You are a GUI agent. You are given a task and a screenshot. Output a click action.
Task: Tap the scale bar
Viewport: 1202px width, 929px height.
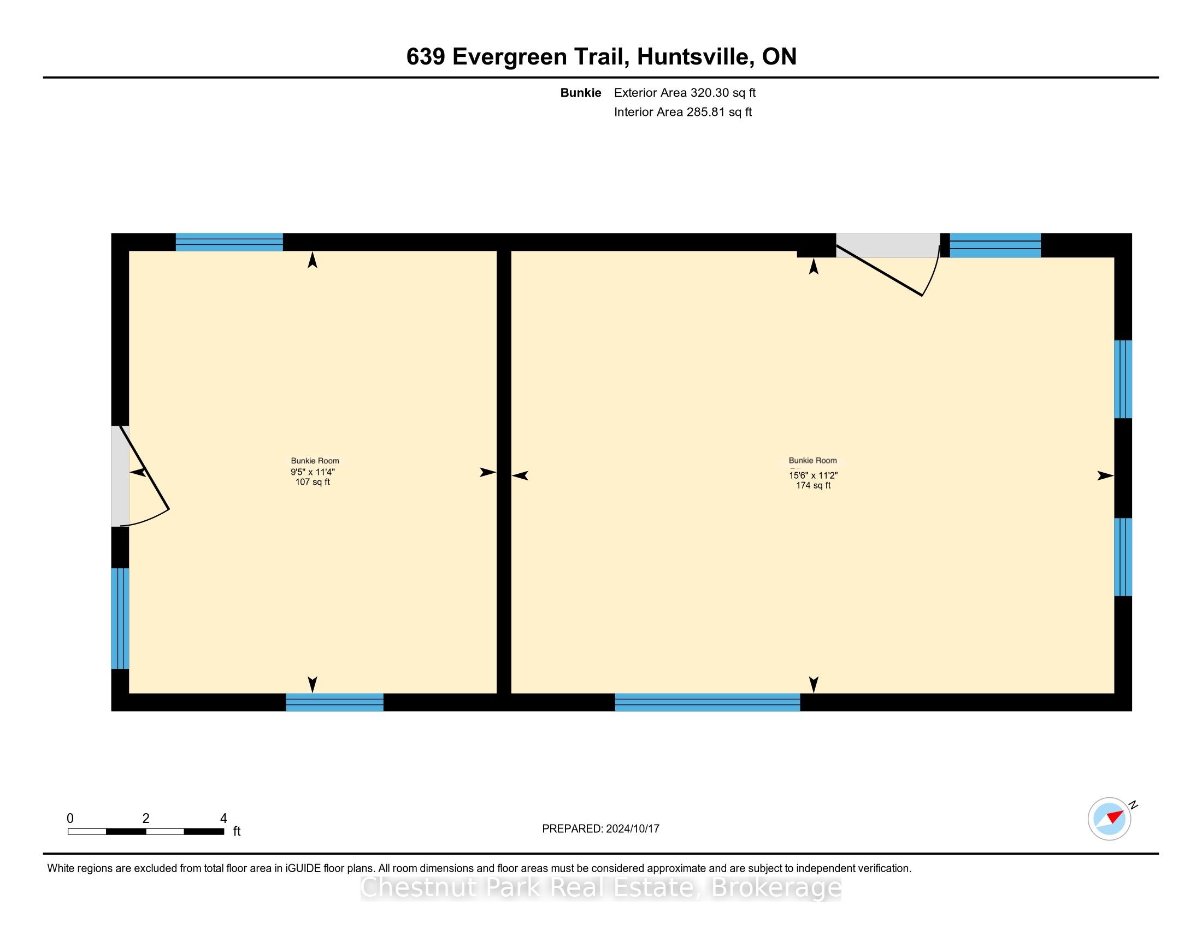pos(146,831)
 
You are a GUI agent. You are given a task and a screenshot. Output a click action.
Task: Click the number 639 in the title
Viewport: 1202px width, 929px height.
pos(426,57)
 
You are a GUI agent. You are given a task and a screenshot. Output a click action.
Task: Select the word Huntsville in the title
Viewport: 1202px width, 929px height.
pos(695,57)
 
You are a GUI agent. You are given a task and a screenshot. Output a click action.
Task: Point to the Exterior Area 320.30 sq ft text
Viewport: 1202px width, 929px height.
pos(685,92)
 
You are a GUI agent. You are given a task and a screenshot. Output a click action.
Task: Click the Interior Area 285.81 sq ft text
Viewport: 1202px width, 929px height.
pos(682,111)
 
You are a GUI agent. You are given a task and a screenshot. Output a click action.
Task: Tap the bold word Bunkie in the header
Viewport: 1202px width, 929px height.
pos(581,92)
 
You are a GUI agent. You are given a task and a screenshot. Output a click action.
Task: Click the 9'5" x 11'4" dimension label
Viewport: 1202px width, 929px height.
pos(313,472)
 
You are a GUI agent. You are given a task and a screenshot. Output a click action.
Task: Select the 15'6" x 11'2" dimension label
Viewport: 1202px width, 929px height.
pos(813,475)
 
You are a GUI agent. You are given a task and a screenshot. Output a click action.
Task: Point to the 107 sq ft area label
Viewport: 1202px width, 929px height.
pos(313,482)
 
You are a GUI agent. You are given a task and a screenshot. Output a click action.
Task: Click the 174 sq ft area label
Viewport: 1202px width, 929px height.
pos(813,485)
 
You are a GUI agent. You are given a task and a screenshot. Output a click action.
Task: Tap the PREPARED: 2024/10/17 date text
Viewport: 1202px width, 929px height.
pos(600,828)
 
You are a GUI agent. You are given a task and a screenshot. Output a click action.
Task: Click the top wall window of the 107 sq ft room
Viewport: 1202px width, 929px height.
pos(229,242)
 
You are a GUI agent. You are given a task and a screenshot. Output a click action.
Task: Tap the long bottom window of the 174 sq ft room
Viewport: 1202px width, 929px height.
pos(707,702)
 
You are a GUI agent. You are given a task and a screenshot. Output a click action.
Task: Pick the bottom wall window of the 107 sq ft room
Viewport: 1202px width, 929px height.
pos(334,702)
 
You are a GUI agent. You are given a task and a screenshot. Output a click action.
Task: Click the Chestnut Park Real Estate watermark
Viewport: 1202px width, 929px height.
pos(600,886)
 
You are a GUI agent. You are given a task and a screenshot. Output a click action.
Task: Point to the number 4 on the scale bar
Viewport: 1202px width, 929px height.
pos(223,818)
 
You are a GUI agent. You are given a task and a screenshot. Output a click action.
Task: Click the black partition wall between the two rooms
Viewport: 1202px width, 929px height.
pos(504,472)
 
